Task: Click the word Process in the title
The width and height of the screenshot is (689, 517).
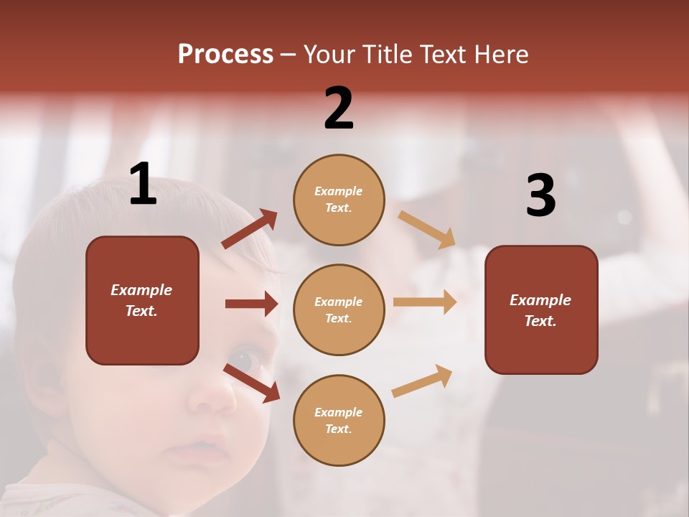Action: point(225,55)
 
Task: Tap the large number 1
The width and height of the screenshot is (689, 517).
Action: point(143,185)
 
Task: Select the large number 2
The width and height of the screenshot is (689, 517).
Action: point(339,108)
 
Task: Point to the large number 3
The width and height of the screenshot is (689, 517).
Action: point(540,195)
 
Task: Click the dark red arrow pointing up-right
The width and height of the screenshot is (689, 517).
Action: point(250,229)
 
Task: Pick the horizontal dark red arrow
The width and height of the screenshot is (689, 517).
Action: point(251,304)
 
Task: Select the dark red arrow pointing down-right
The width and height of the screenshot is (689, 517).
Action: point(252,383)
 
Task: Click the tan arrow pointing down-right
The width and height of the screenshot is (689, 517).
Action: point(427,229)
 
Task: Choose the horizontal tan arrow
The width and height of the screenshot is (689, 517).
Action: point(424,302)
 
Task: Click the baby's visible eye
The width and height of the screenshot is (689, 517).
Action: point(243,359)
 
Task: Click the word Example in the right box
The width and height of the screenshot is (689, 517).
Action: point(540,300)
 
